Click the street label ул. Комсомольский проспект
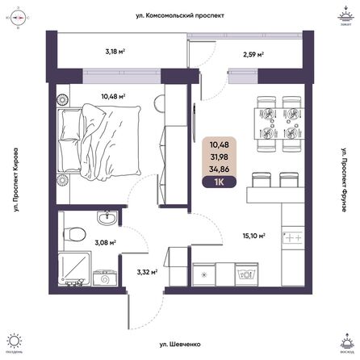pyautogui.click(x=180, y=15)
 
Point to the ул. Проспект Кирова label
pyautogui.click(x=15, y=179)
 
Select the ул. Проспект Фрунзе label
pyautogui.click(x=345, y=179)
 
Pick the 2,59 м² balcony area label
pyautogui.click(x=254, y=55)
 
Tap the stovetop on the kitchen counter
pyautogui.click(x=291, y=239)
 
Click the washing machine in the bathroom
pyautogui.click(x=104, y=278)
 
